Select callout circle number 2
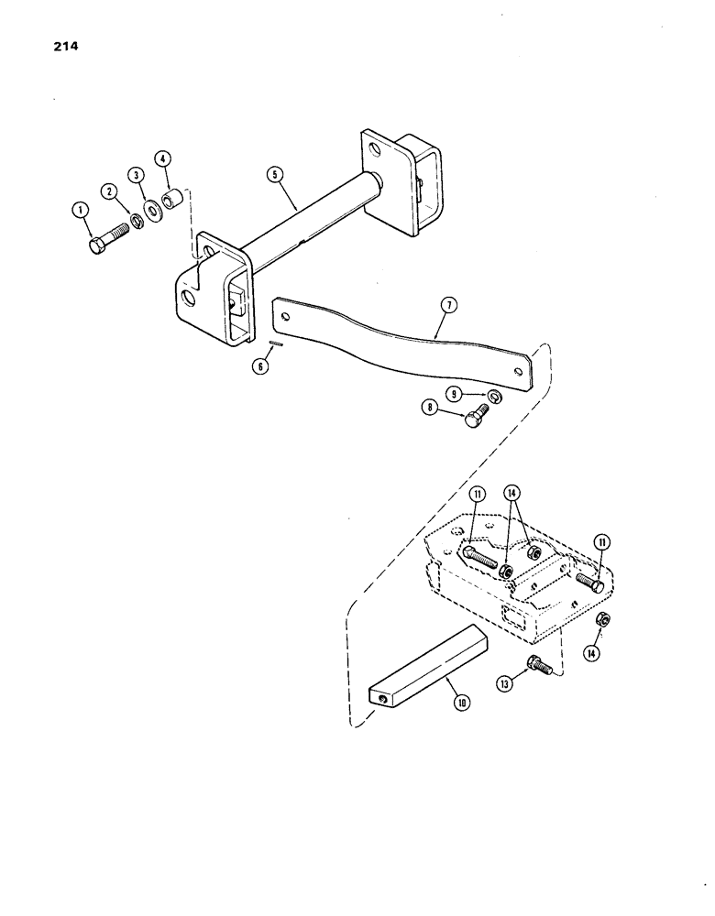point(110,191)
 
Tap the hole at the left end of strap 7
point(288,315)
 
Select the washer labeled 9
point(493,396)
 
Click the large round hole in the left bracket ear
point(189,299)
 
